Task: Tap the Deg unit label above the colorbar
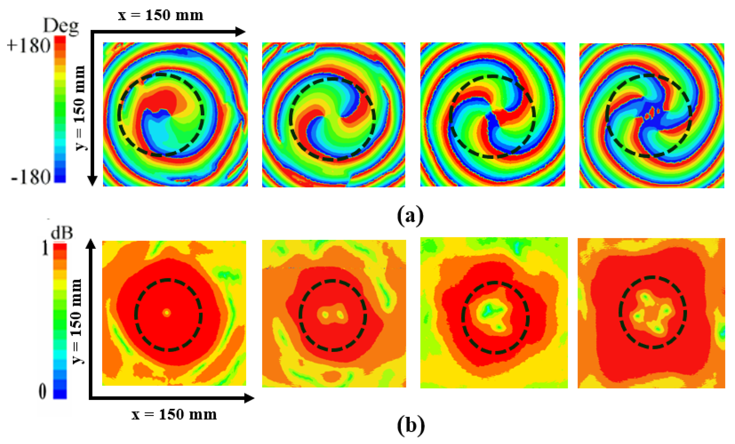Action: point(61,26)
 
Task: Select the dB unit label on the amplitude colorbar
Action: point(62,233)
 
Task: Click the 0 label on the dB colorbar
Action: point(43,392)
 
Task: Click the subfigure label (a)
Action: point(410,216)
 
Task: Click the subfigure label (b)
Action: point(411,425)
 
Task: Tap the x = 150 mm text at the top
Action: point(161,15)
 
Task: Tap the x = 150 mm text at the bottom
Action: point(174,415)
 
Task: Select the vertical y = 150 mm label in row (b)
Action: point(77,321)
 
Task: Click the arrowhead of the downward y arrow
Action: point(92,181)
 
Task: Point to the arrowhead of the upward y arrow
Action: point(91,244)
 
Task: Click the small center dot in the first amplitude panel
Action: point(167,313)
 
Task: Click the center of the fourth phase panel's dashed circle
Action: point(649,116)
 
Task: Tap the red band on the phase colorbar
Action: point(60,41)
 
